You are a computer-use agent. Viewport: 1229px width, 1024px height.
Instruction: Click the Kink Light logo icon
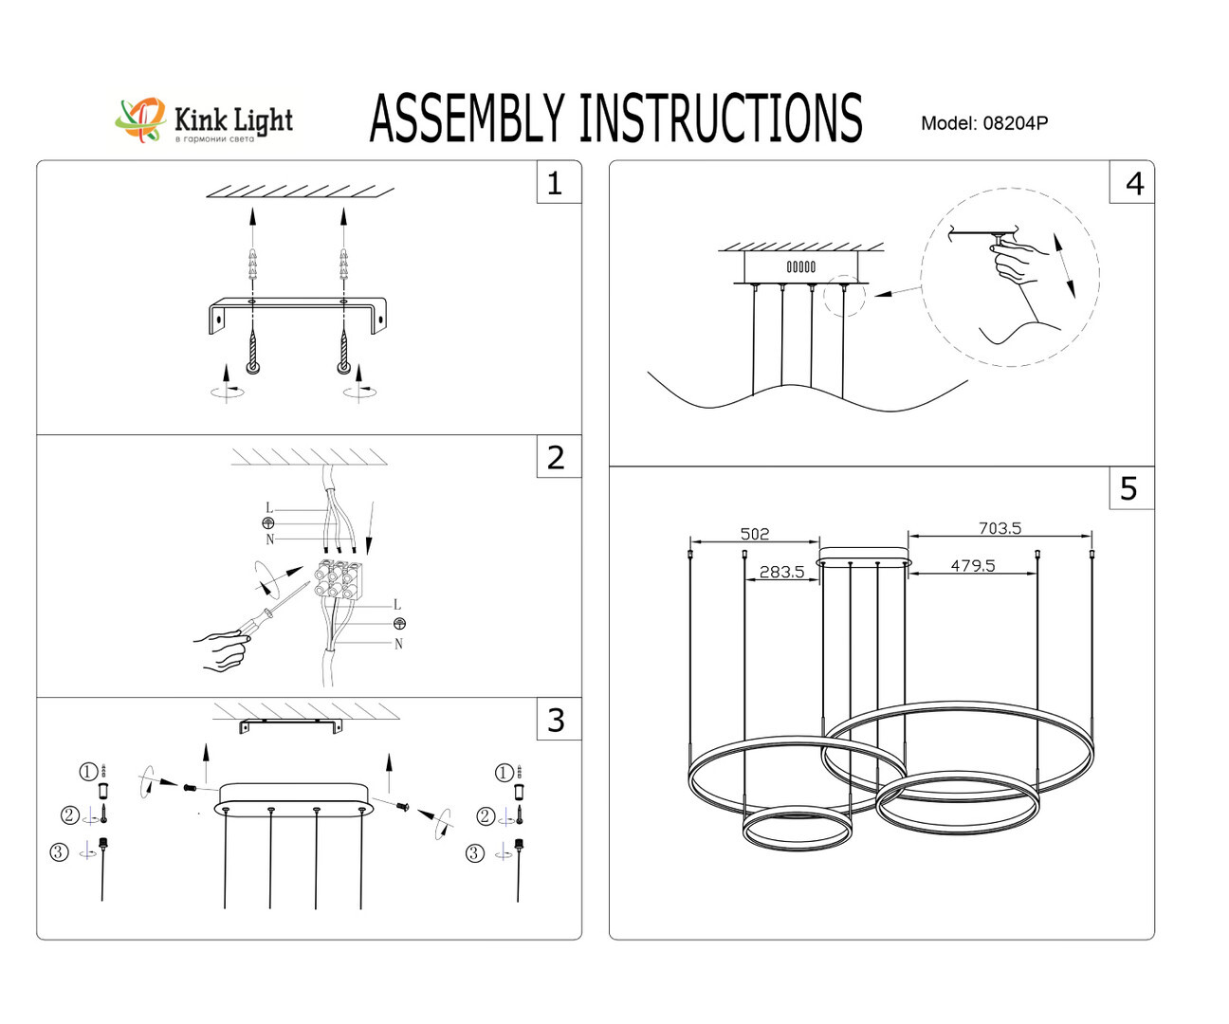pos(140,120)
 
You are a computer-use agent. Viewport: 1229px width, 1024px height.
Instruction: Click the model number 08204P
pos(1015,123)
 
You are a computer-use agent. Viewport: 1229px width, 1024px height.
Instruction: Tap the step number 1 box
pos(556,182)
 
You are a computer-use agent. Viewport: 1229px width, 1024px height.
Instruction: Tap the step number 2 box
pos(556,457)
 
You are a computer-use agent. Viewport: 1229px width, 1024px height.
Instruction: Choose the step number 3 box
pos(556,720)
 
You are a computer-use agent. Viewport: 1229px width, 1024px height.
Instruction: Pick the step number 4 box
pos(1133,182)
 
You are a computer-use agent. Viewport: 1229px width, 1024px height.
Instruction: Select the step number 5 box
pos(1129,488)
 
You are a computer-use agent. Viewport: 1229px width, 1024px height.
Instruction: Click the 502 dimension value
pos(755,534)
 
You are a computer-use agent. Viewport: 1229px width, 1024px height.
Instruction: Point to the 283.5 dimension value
pos(781,572)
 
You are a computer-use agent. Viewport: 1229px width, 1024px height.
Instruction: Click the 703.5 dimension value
pos(1000,528)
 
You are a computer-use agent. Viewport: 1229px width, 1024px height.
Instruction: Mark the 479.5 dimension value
pos(973,566)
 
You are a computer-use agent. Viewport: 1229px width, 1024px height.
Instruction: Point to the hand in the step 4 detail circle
pos(1017,260)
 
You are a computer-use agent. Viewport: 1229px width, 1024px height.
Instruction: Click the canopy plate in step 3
pos(293,796)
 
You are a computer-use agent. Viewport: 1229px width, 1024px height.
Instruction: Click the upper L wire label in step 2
pos(269,508)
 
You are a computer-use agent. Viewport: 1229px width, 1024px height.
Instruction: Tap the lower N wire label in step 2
pos(398,644)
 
